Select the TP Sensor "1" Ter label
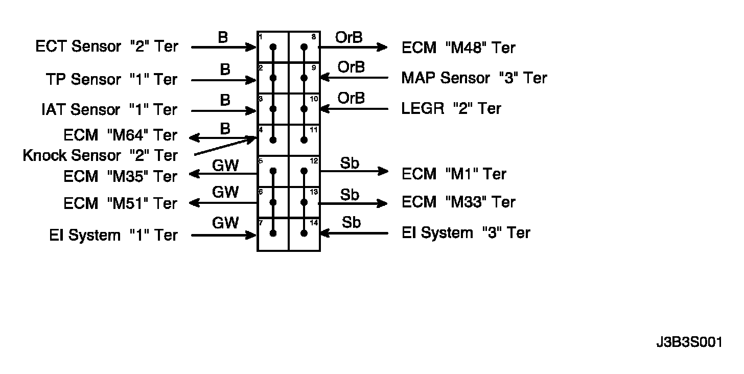pyautogui.click(x=111, y=79)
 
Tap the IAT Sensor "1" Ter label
pyautogui.click(x=109, y=109)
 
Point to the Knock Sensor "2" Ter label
pyautogui.click(x=100, y=155)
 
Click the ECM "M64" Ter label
pyautogui.click(x=120, y=135)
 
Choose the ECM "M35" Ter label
pyautogui.click(x=120, y=176)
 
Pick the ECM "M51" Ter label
pyautogui.click(x=120, y=203)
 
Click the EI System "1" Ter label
pyautogui.click(x=113, y=235)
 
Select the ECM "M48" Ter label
pyautogui.click(x=458, y=48)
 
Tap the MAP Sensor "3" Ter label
pyautogui.click(x=474, y=78)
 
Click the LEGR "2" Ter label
pyautogui.click(x=451, y=108)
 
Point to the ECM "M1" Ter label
pyautogui.click(x=454, y=174)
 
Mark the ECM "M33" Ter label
pyautogui.click(x=458, y=202)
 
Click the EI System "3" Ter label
pyautogui.click(x=466, y=233)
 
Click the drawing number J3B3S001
pyautogui.click(x=689, y=342)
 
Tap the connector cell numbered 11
pyautogui.click(x=305, y=139)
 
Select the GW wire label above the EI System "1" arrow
pyautogui.click(x=225, y=223)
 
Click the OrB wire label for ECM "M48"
pyautogui.click(x=348, y=37)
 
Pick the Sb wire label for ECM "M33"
pyautogui.click(x=350, y=195)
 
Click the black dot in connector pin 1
pyautogui.click(x=273, y=47)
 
